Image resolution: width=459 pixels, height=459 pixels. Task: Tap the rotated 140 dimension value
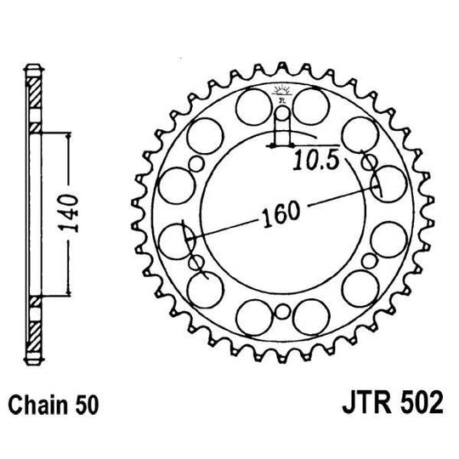point(74,212)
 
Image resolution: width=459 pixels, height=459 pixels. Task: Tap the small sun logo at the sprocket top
point(281,93)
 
